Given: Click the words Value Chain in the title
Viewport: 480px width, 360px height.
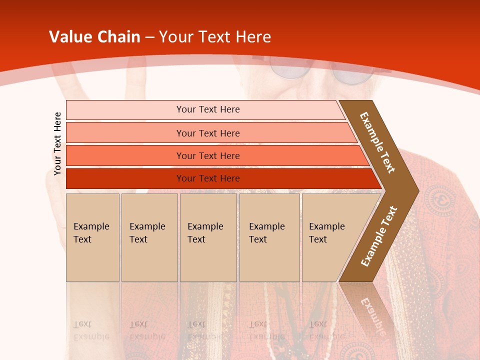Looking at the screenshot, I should tap(94, 37).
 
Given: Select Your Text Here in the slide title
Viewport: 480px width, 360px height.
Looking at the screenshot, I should tap(215, 37).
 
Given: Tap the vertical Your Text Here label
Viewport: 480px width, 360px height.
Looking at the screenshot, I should tap(57, 143).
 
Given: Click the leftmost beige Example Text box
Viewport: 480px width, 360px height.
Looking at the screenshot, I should tap(92, 237).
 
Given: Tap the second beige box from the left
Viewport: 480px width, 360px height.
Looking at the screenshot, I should tap(149, 237).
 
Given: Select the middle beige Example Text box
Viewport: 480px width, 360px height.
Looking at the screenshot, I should tap(208, 237).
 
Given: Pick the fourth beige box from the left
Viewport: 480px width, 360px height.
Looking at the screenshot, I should tap(269, 237).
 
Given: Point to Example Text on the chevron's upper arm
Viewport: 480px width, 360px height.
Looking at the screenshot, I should tap(377, 142).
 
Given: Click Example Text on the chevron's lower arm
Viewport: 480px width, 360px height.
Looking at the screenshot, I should tap(379, 236).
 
